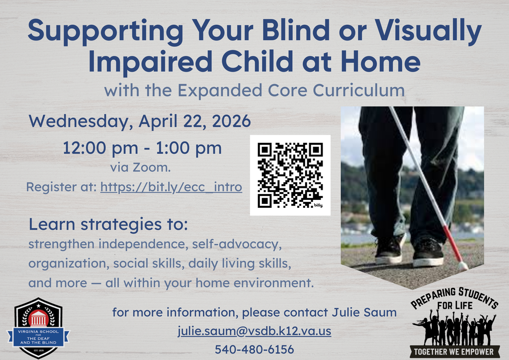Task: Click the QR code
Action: (x=290, y=175)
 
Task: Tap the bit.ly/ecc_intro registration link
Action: (x=171, y=187)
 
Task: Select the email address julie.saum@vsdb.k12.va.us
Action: (x=254, y=331)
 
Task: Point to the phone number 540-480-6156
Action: (x=254, y=349)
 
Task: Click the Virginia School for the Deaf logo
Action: (x=38, y=328)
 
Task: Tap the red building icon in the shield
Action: (x=38, y=317)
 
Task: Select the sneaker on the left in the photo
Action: (x=389, y=250)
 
